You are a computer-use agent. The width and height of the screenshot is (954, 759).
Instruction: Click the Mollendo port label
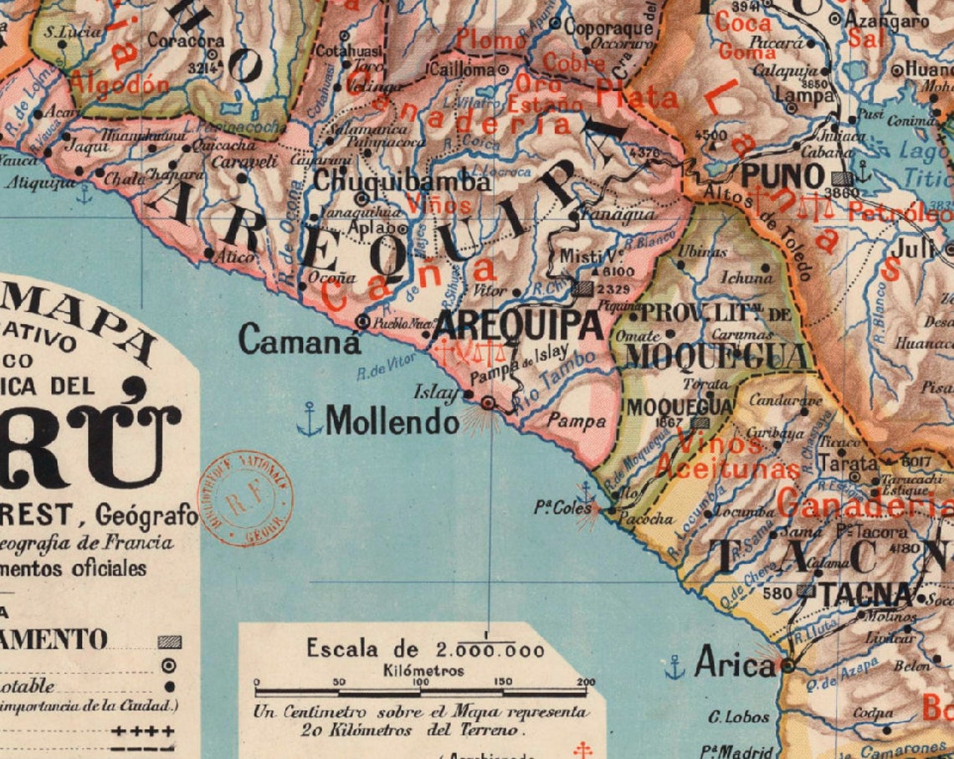point(392,421)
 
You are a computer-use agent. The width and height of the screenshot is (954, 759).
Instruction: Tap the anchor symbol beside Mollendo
point(310,419)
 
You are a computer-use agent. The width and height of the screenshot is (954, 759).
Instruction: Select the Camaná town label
point(300,340)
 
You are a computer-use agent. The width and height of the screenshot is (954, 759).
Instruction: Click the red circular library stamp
point(244,500)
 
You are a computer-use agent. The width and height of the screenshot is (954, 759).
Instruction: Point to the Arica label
point(735,666)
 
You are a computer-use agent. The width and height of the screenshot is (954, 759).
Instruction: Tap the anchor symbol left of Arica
point(674,667)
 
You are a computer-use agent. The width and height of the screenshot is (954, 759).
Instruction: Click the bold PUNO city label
point(782,177)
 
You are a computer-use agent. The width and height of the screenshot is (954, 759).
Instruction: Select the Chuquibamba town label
point(401,181)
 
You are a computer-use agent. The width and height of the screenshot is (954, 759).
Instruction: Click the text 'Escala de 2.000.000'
point(425,649)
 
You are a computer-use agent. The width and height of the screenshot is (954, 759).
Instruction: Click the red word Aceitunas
point(727,469)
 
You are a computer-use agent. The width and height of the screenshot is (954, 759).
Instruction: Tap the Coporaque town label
point(607,25)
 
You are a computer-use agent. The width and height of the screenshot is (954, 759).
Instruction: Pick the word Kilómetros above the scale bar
point(423,670)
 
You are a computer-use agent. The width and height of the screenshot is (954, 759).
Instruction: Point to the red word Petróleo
point(900,213)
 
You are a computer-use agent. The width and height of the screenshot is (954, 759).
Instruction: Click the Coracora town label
point(186,40)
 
